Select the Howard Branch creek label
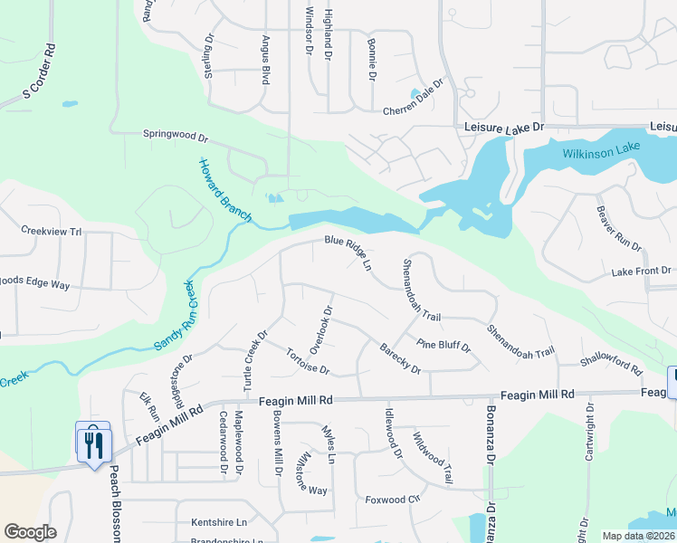pos(226,190)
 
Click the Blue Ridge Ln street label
pos(348,252)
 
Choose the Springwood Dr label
pos(176,137)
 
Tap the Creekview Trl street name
pos(52,231)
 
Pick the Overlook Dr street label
pos(321,329)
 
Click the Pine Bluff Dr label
pos(443,345)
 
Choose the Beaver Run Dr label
pos(618,228)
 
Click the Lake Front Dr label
pos(641,271)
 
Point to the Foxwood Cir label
pos(394,499)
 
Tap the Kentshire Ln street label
pos(219,522)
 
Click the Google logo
pos(30,532)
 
